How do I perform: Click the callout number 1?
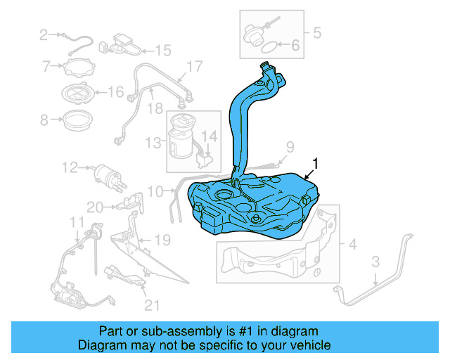pos(315,163)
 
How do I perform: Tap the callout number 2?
pos(44,34)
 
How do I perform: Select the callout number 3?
pos(375,262)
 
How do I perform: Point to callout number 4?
pos(352,245)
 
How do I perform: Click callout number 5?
pos(316,32)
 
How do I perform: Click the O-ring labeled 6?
pos(269,47)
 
